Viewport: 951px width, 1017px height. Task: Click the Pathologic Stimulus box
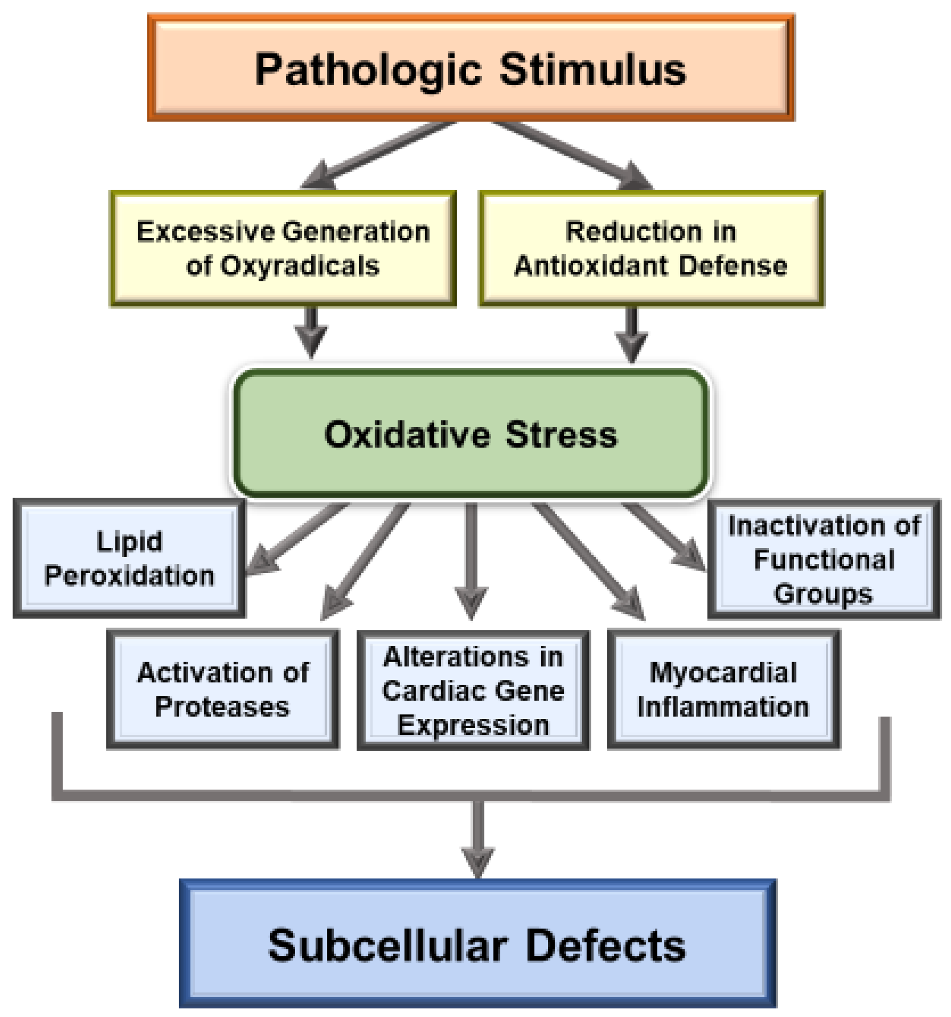[470, 67]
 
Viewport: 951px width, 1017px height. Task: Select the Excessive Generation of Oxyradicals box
[283, 249]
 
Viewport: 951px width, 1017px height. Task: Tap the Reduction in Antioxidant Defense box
[651, 249]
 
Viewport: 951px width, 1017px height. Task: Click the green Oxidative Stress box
[470, 434]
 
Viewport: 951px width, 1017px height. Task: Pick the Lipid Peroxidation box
[129, 558]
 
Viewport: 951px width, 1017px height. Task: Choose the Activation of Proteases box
[222, 689]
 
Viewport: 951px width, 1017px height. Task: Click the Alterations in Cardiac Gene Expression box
[473, 690]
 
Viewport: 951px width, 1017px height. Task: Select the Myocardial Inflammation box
[723, 689]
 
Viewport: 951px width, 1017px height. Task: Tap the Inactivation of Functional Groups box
[823, 559]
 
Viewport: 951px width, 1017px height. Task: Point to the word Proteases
[222, 707]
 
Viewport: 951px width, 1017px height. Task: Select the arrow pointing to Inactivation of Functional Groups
[665, 537]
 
